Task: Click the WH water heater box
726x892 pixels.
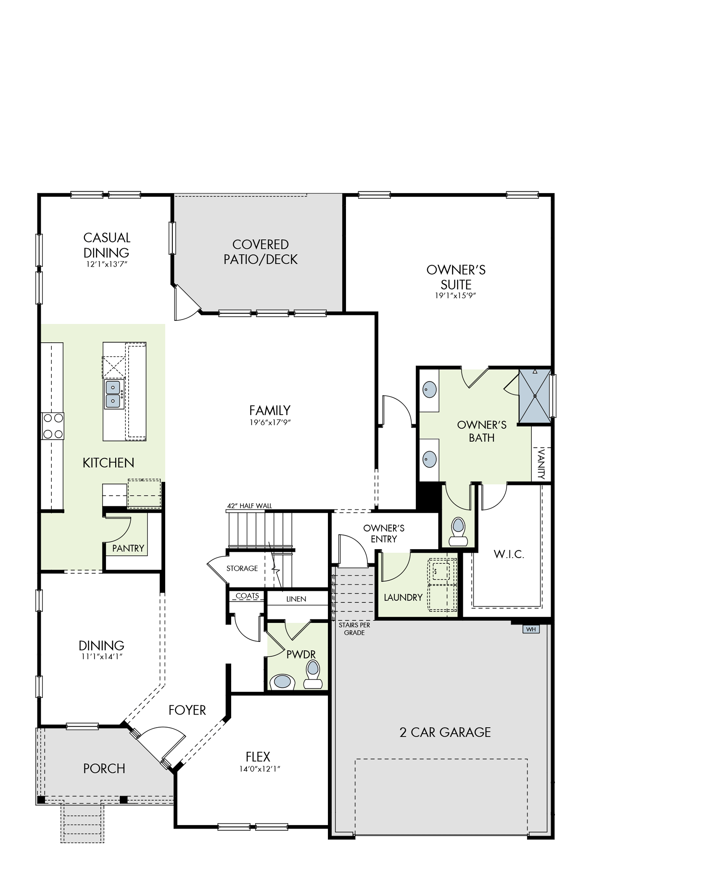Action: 531,629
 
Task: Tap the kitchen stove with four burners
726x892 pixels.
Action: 53,426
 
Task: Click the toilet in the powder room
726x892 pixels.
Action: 312,675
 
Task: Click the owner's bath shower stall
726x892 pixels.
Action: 535,396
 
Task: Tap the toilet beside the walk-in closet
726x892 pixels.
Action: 458,532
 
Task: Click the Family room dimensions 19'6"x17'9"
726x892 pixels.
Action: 270,423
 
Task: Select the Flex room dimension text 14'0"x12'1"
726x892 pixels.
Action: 258,769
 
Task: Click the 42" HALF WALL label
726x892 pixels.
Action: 250,506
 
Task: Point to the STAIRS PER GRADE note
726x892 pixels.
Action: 354,629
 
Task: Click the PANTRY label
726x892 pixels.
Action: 128,548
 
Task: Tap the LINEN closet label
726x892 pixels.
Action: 296,599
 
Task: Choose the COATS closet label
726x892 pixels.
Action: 247,596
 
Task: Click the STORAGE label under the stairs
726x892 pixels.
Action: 242,569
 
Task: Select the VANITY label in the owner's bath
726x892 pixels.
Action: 541,464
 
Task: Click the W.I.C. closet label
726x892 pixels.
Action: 509,554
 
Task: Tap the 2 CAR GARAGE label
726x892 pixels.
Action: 445,732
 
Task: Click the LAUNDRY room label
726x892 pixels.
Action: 403,597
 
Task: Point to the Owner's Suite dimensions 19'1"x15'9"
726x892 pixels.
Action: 456,296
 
